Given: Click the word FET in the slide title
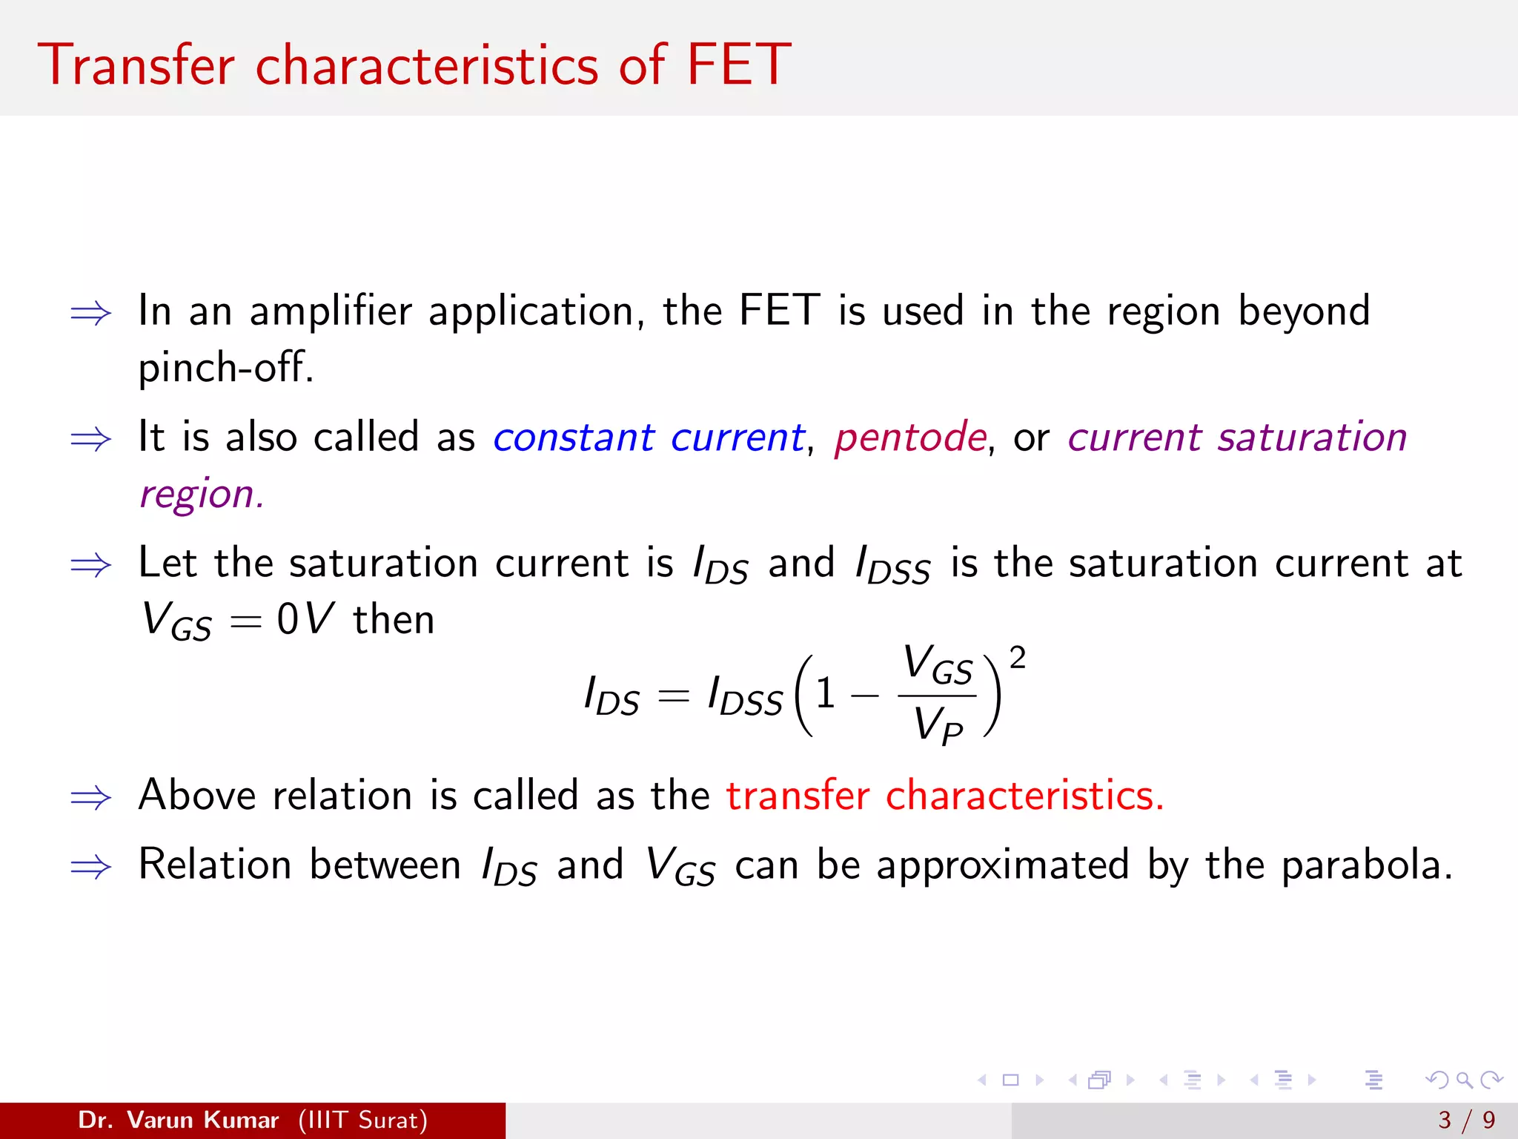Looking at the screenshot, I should [738, 65].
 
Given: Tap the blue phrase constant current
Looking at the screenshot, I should [649, 437].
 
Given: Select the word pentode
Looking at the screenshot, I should [910, 437].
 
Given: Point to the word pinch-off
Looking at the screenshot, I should [225, 367].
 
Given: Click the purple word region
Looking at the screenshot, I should [201, 494].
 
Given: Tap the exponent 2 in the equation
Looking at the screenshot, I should [1018, 658].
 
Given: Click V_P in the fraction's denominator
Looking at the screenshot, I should [937, 724].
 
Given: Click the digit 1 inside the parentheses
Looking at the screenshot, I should [825, 695].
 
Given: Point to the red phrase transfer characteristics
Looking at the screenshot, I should [944, 796].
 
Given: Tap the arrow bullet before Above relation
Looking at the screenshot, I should [90, 798].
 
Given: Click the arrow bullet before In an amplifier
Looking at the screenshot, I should [90, 314].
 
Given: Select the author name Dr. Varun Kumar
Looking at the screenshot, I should [178, 1120].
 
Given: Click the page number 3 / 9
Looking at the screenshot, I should [1466, 1120].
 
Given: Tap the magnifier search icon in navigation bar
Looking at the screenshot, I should [1464, 1080].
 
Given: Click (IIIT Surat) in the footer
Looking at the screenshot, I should [362, 1120].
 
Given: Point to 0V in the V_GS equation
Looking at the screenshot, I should [305, 619].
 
